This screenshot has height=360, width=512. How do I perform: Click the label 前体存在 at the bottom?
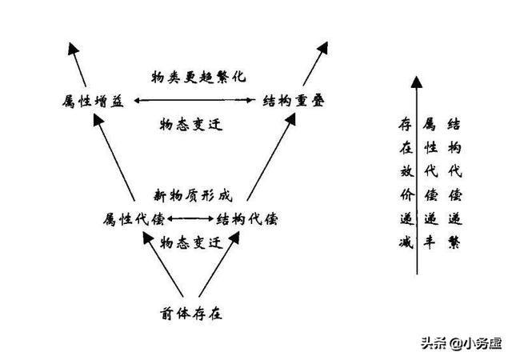pos(191,314)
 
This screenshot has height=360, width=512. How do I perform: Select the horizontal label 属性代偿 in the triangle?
pos(134,219)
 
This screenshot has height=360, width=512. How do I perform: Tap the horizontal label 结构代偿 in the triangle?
pos(247,219)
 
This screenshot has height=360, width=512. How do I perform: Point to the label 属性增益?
pos(93,101)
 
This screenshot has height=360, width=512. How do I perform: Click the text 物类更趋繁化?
pos(198,77)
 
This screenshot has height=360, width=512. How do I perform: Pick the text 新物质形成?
pos(193,196)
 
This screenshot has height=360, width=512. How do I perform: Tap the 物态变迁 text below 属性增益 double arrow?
pos(191,125)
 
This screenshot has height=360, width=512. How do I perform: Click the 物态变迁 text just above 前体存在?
pos(191,242)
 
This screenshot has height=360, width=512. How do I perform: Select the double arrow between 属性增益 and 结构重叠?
pos(194,100)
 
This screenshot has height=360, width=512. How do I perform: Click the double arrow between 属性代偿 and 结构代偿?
pos(190,218)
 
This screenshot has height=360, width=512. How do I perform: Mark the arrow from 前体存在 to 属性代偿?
pos(162,264)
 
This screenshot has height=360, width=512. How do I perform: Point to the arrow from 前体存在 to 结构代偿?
pos(219,264)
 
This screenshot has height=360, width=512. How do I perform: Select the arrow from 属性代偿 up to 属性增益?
pos(114,158)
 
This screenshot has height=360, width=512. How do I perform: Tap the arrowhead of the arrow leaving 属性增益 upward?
pos(73,48)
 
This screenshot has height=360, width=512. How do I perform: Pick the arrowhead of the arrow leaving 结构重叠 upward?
pos(323,48)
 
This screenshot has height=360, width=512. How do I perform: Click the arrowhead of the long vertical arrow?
pos(416,82)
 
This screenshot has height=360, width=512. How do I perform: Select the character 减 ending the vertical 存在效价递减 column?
pos(406,242)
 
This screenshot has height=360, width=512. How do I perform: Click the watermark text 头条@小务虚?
pos(461,343)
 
